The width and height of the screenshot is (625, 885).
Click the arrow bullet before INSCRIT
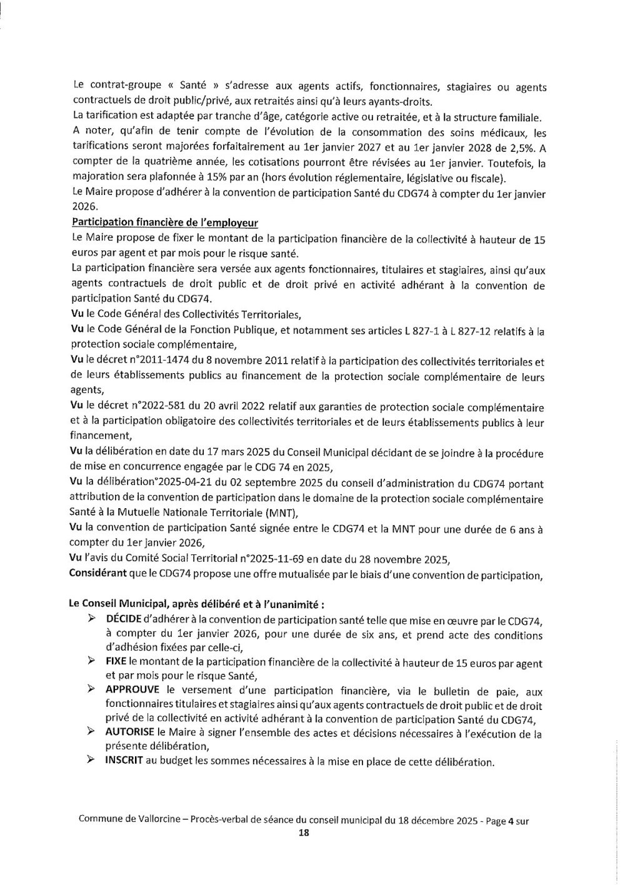click(91, 761)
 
